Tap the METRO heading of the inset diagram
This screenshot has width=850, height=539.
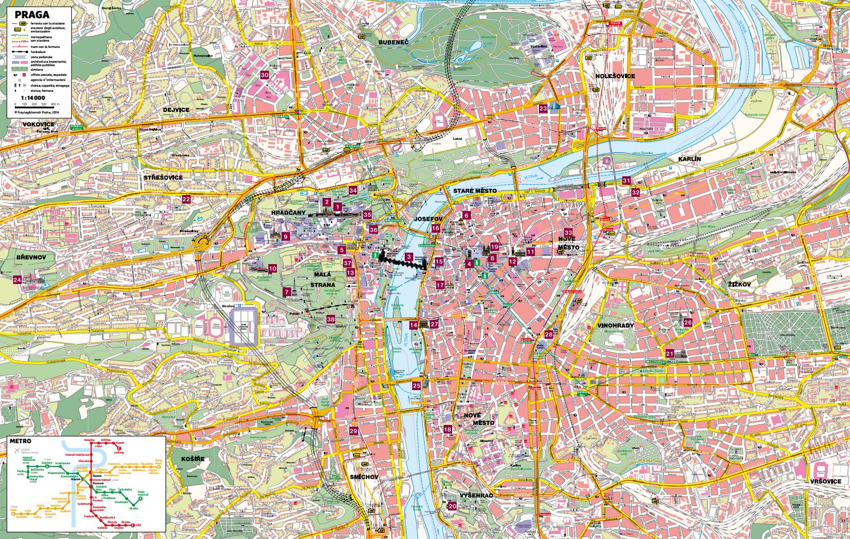[x=20, y=443]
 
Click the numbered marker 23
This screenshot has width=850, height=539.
[x=543, y=108]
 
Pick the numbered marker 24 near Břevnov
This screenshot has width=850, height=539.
[x=17, y=279]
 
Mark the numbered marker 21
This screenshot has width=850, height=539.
[x=670, y=354]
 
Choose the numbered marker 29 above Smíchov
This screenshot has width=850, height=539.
[x=353, y=431]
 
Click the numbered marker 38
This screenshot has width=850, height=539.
[x=331, y=319]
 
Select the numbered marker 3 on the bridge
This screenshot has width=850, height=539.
[x=409, y=257]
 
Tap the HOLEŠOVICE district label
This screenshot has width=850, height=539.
[x=615, y=75]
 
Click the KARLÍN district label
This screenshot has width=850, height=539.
[x=689, y=159]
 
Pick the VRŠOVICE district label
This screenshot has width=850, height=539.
[x=824, y=481]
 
